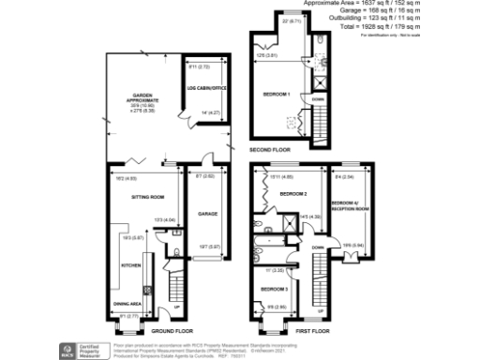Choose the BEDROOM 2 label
[x=294, y=194]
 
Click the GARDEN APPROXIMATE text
[x=127, y=97]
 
